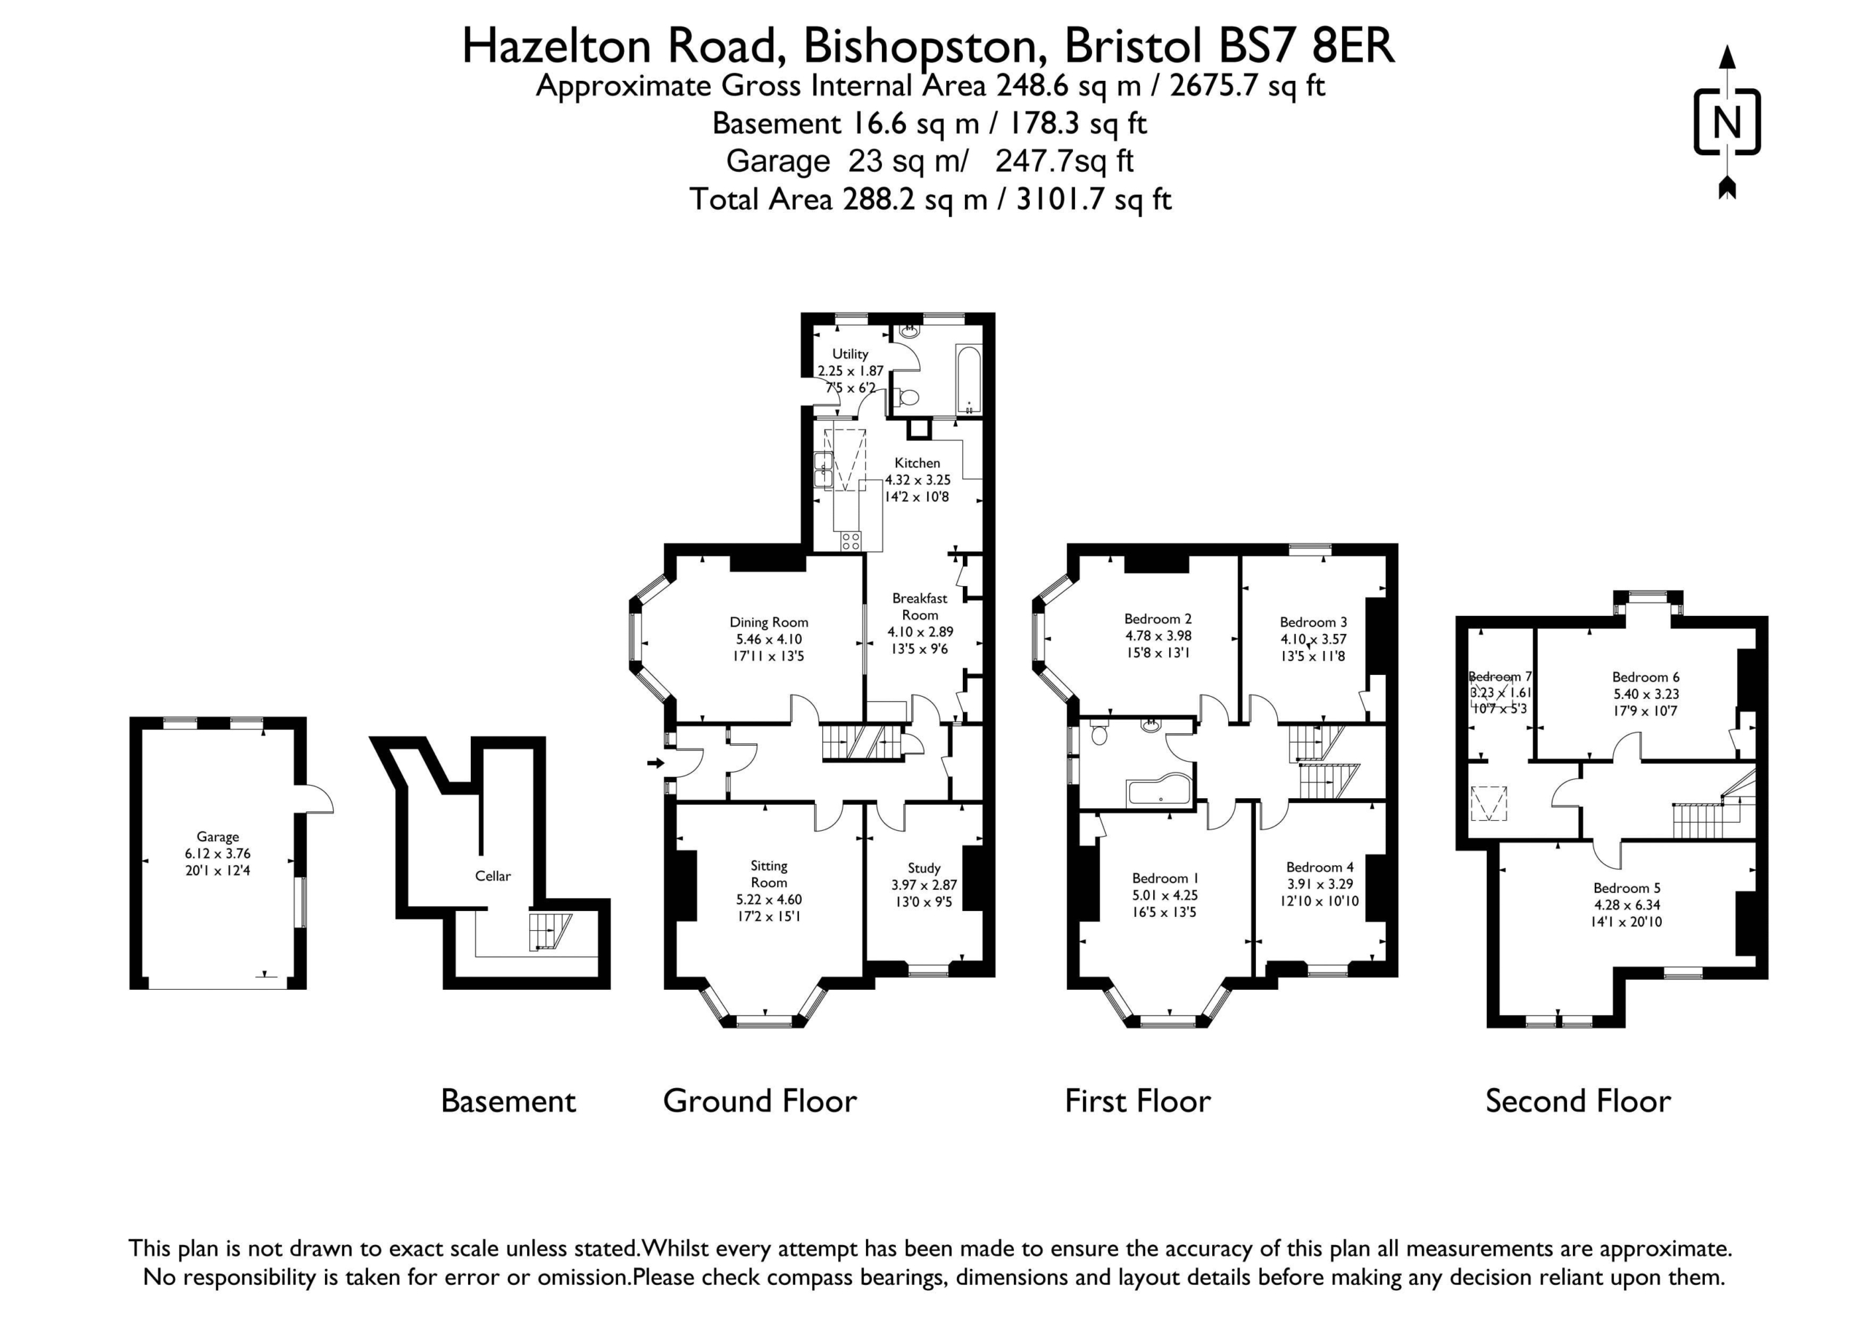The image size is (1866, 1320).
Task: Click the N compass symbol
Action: (x=1727, y=122)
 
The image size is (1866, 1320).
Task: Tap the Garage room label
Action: (x=217, y=836)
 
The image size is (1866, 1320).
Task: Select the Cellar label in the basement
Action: (x=493, y=875)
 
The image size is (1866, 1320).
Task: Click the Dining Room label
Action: (x=769, y=622)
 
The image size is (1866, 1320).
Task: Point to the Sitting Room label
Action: (x=769, y=874)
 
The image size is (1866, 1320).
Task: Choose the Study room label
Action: (x=924, y=868)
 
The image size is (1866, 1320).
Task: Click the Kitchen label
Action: (x=917, y=463)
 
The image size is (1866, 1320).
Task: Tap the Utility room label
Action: (x=850, y=354)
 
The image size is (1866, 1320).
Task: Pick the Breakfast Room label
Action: (x=920, y=606)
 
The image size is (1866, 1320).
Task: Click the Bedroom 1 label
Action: (x=1166, y=878)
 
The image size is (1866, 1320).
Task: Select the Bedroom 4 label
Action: (x=1320, y=867)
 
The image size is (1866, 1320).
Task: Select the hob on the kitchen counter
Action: (x=851, y=542)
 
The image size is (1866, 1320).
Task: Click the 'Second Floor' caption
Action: (x=1578, y=1101)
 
